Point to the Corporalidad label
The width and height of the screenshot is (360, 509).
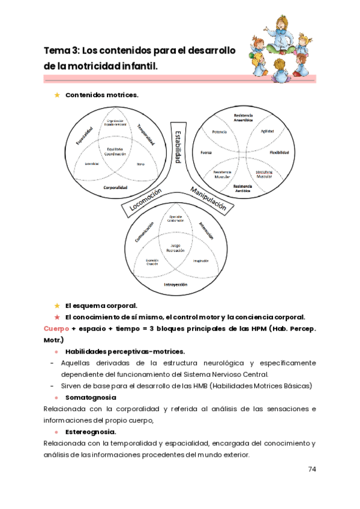tap(115, 187)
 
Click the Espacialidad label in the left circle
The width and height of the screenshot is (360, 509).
tap(85, 135)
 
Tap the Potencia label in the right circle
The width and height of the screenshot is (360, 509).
tap(220, 131)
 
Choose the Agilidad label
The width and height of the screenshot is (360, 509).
tap(267, 131)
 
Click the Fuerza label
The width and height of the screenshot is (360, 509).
tap(206, 152)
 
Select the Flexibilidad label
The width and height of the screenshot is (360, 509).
tap(280, 152)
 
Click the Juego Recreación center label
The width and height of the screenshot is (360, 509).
tap(175, 247)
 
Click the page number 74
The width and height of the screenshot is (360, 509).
tap(311, 469)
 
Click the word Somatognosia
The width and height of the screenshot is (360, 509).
tap(91, 397)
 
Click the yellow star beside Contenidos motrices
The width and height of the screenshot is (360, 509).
tap(57, 95)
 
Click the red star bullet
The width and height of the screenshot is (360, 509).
tap(57, 317)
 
